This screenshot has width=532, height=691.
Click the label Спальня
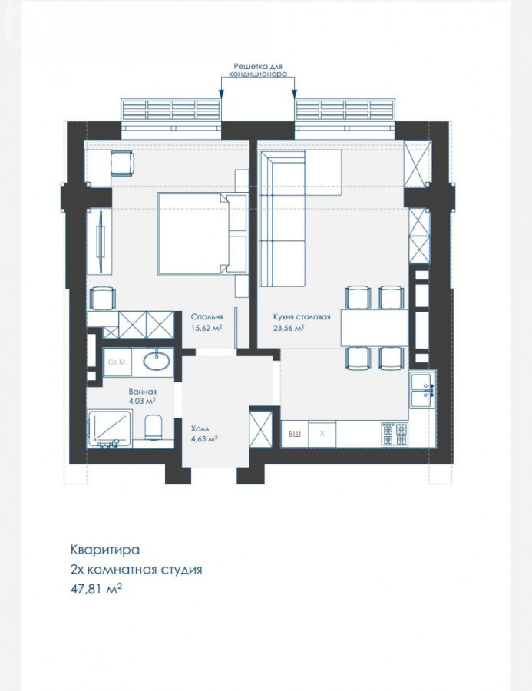click(207, 316)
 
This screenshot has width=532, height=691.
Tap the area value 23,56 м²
click(289, 327)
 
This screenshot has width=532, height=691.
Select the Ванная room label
click(142, 392)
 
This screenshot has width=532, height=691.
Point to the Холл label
click(200, 428)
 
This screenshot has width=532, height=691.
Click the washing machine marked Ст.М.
click(117, 362)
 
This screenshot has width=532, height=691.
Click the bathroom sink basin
click(156, 362)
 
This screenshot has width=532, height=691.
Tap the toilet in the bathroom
click(154, 427)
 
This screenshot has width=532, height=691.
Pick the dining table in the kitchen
click(374, 327)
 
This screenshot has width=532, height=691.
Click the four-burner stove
click(395, 434)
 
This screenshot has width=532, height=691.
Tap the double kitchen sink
click(423, 389)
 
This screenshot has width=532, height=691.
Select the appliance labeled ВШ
click(295, 434)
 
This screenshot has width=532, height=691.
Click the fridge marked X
click(322, 434)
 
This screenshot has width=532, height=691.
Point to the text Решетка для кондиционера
click(258, 70)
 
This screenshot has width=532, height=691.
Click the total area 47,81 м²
click(96, 589)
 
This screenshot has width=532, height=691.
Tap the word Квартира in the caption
click(105, 550)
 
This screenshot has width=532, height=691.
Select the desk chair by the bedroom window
click(122, 164)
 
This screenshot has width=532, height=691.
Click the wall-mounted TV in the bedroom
click(101, 242)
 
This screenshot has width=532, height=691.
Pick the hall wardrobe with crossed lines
click(261, 429)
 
